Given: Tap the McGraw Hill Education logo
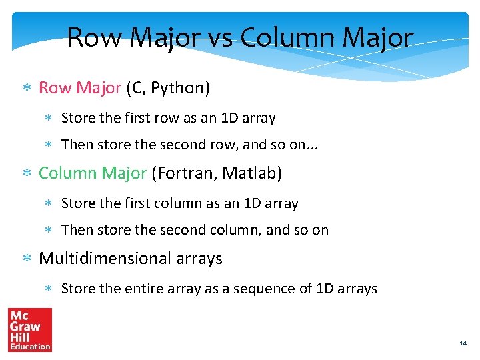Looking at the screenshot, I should (29, 329).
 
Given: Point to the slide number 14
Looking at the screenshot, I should (463, 343).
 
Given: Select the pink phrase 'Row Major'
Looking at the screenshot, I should (79, 88).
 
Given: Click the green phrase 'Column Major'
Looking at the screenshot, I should (92, 173).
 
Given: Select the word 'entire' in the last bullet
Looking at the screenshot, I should (141, 289).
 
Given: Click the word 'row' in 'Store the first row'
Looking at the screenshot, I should (167, 119).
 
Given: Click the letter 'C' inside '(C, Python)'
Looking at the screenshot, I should (135, 88).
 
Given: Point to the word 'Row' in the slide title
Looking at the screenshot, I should (95, 38).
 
